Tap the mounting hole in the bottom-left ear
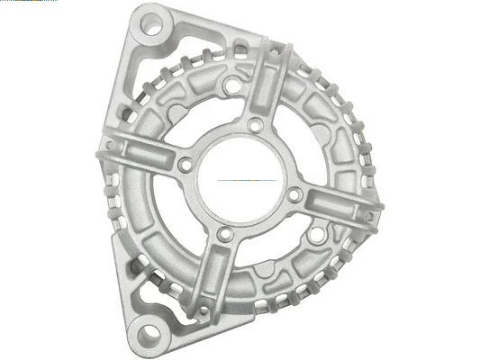click(x=150, y=332)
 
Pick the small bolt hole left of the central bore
click(x=186, y=165)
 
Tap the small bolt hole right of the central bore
click(x=294, y=193)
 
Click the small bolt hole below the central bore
click(x=226, y=235)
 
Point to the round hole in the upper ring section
click(x=232, y=86)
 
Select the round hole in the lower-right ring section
click(x=316, y=236)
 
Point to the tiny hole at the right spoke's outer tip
click(x=368, y=216)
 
